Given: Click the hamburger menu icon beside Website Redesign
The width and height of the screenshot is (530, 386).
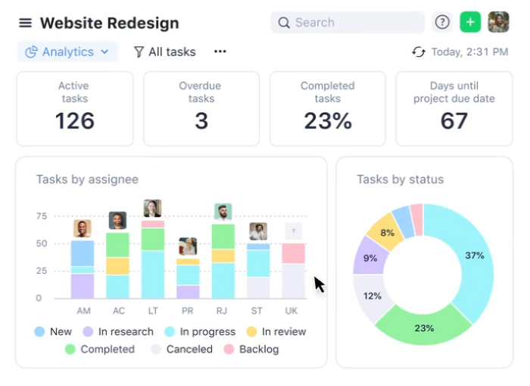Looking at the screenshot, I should (26, 23).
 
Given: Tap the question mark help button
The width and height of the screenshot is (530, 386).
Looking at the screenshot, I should (442, 22).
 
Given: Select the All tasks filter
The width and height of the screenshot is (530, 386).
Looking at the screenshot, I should (164, 52).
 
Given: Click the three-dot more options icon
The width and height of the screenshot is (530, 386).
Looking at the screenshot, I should (220, 52).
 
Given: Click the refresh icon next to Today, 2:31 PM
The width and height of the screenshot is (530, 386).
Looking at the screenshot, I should (419, 52).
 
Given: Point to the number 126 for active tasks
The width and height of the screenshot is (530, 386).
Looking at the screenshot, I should (74, 121).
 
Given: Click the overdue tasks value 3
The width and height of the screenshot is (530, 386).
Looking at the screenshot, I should (201, 121).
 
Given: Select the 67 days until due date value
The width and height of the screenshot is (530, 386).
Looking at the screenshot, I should (454, 121).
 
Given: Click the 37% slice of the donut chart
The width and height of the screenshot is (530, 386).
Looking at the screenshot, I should (474, 256).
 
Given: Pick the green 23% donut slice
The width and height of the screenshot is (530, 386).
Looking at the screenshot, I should (424, 328).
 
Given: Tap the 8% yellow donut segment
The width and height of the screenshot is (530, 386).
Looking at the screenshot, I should (387, 233).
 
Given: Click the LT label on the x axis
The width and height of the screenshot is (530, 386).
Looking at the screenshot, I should (152, 311).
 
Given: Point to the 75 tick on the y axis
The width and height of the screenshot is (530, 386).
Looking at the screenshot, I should (41, 216).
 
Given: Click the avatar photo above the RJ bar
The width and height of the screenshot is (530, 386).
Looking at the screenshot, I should (223, 212).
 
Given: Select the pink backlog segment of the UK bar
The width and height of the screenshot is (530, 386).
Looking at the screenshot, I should (293, 253).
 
